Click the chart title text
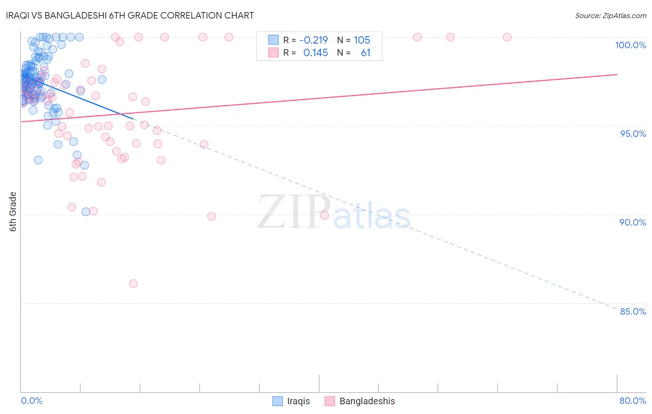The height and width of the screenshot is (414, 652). click(130, 15)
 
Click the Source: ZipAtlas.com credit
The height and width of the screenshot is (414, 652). click(610, 16)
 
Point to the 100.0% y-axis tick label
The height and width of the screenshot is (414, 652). click(630, 45)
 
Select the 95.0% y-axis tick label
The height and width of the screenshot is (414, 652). click(633, 134)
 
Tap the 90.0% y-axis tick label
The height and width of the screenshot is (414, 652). click(633, 222)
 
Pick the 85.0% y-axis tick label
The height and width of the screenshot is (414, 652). click(633, 311)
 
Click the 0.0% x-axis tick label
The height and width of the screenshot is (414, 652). click(32, 401)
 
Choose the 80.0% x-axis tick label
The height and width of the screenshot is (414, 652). click(633, 401)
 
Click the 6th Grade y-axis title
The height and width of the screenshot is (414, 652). click(13, 212)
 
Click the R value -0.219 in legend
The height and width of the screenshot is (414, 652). click(313, 40)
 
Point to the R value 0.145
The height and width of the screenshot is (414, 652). click(315, 53)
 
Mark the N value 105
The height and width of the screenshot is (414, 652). click(362, 40)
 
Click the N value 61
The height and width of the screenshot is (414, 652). click(365, 53)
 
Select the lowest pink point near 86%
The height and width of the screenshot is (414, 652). click(133, 284)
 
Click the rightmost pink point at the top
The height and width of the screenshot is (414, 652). click(507, 37)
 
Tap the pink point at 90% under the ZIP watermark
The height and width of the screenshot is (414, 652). click(325, 215)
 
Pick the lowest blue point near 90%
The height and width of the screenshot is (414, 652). click(86, 212)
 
